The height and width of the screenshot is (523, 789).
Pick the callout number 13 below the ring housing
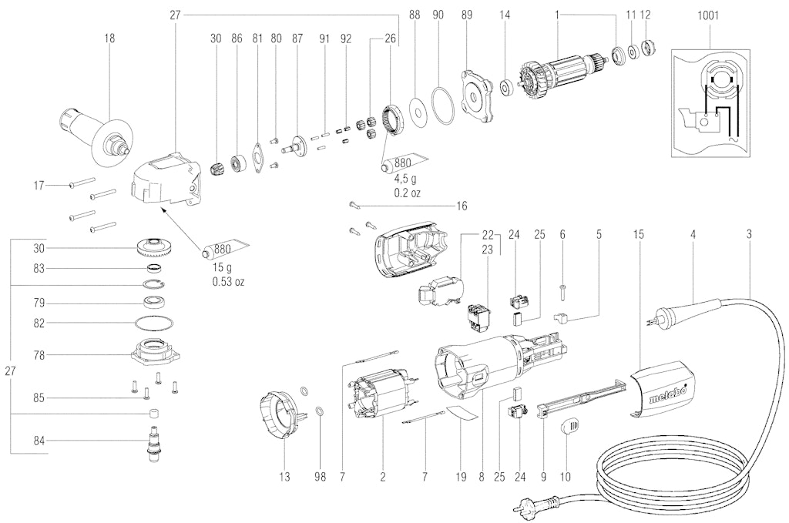[x=284, y=478]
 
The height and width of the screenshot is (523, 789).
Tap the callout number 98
[x=320, y=478]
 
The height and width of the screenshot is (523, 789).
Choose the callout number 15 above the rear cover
[x=637, y=233]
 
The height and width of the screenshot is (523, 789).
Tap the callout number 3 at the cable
[x=750, y=233]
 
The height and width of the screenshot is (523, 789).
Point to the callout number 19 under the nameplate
[x=461, y=478]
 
